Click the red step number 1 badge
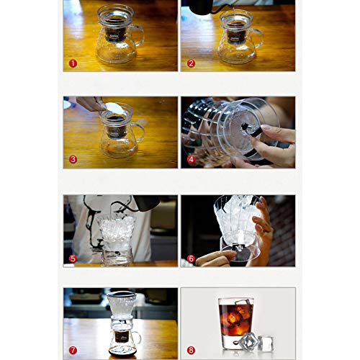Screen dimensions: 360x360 [73, 63]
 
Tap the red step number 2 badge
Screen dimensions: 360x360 [191, 63]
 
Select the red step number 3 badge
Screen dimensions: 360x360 [73, 159]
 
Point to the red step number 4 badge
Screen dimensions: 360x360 [191, 159]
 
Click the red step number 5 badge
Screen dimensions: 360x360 [73, 258]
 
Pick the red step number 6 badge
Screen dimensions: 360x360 [191, 258]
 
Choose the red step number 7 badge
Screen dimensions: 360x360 [73, 350]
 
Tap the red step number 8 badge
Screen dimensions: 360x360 [191, 350]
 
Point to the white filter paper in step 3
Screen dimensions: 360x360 [116, 109]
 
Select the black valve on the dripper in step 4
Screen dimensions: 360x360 [251, 130]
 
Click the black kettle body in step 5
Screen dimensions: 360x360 [146, 203]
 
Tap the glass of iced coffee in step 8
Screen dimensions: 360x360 [236, 323]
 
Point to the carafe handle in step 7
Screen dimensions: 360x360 [137, 338]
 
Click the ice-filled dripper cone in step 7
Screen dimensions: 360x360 [122, 305]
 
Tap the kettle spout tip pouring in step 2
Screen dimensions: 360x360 [233, 8]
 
